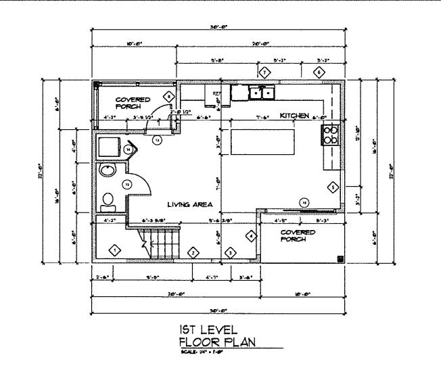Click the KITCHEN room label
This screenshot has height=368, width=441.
pyautogui.click(x=295, y=116)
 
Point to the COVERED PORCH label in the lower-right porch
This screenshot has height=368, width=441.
pyautogui.click(x=298, y=235)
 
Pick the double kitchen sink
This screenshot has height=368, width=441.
pyautogui.click(x=261, y=92)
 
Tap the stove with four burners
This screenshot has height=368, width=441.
pyautogui.click(x=331, y=135)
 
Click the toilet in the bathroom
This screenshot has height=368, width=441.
pyautogui.click(x=107, y=200)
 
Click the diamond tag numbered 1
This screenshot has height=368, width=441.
pyautogui.click(x=115, y=252)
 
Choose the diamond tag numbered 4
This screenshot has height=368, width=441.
pyautogui.click(x=251, y=236)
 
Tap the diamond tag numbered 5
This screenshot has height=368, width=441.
pyautogui.click(x=332, y=187)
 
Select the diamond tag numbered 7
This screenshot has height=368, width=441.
pyautogui.click(x=264, y=72)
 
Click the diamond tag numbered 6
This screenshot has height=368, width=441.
pyautogui.click(x=319, y=72)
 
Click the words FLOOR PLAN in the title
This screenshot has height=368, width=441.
pyautogui.click(x=218, y=341)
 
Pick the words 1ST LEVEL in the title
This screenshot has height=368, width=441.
pyautogui.click(x=208, y=329)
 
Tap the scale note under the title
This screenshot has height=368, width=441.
pyautogui.click(x=200, y=352)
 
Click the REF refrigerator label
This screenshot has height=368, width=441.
pyautogui.click(x=217, y=93)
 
